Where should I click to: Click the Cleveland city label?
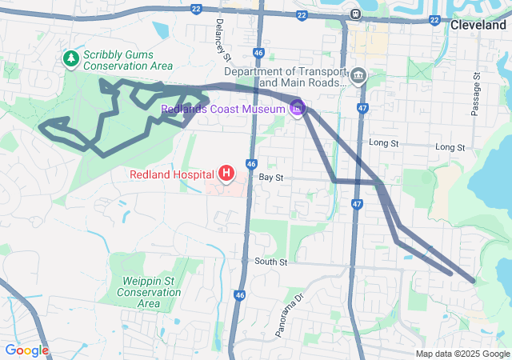point(478,26)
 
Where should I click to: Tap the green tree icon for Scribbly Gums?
point(71,58)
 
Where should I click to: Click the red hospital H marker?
point(226,173)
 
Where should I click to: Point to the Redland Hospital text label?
point(172,174)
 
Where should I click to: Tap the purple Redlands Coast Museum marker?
point(297,107)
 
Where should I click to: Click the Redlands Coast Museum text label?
point(222,109)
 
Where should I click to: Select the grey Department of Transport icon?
point(358,77)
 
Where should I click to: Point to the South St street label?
point(270,262)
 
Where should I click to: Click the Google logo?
point(26,350)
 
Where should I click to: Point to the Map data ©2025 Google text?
point(462,354)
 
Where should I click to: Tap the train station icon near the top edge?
point(354,14)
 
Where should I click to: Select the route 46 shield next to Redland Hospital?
point(250,163)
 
